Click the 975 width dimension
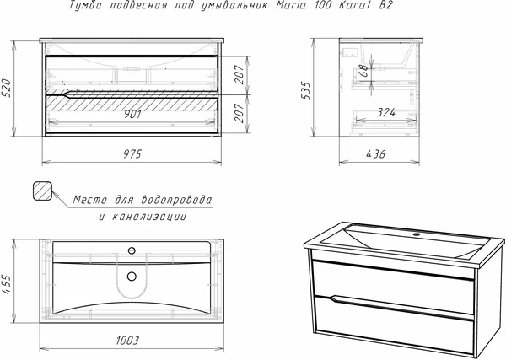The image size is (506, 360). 132,154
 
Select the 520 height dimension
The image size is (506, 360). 7,88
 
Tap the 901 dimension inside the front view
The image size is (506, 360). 132,114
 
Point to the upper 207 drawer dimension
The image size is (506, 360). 240,74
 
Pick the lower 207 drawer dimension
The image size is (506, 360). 240,113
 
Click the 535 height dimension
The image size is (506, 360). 305,91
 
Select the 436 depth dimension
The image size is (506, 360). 375,154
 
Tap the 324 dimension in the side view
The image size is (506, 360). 386,112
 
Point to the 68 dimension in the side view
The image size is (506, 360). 363,70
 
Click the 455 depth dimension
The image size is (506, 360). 7,284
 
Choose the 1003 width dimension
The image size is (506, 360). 127,340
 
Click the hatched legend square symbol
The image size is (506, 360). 43,191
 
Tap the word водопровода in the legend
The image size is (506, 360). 177,200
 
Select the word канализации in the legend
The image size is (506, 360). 149,217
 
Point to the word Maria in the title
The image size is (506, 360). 290,5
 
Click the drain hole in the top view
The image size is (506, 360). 132,277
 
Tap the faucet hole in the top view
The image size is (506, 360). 132,250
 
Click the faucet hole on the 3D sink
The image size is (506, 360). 417,234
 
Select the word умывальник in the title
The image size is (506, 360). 234,6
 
